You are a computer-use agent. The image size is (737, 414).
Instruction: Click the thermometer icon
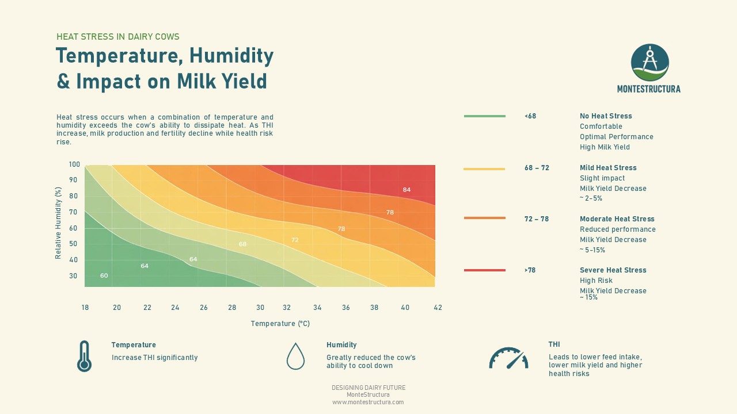[84, 356]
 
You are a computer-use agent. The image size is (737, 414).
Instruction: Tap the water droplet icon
[295, 356]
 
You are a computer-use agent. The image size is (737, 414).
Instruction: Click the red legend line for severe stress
[484, 270]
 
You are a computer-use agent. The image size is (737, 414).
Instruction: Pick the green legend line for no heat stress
[484, 116]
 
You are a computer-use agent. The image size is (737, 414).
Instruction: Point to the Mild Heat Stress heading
[608, 168]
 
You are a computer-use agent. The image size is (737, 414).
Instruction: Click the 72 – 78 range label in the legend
[537, 219]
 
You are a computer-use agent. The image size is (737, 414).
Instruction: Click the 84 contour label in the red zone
[407, 190]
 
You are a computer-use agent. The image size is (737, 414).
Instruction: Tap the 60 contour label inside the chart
[104, 275]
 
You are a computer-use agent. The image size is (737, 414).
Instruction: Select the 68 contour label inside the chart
[242, 244]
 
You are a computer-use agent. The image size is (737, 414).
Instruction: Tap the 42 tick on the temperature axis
[438, 308]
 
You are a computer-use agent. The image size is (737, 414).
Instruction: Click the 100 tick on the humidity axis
[74, 164]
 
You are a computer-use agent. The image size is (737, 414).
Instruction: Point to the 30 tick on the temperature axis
[260, 308]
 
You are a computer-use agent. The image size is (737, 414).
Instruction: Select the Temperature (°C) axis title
[280, 324]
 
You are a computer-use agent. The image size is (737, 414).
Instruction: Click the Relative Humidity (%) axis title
[58, 223]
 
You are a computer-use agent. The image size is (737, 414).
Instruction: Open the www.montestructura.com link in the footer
[368, 402]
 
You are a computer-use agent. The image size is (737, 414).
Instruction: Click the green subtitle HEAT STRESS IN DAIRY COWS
[118, 37]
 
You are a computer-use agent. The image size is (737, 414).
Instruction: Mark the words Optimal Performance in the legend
[616, 137]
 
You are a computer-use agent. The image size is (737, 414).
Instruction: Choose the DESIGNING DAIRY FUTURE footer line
[368, 388]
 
